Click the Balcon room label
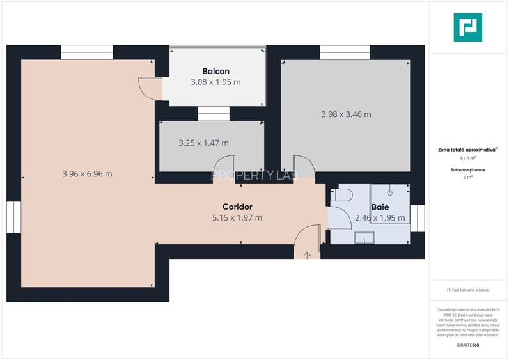pos(215,71)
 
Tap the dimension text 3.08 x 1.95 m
pos(215,82)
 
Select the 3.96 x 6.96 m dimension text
pos(87,173)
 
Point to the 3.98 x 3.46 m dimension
pos(346,114)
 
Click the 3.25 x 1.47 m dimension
pos(203,143)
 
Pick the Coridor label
pos(237,207)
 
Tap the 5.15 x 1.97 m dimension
pos(237,217)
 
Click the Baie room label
pos(380,207)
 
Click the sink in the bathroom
pos(365,239)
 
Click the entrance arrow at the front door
pos(307,255)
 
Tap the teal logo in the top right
pos(467,27)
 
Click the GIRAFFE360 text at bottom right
pos(467,345)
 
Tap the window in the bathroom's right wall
pos(418,217)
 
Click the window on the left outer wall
pos(13,217)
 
